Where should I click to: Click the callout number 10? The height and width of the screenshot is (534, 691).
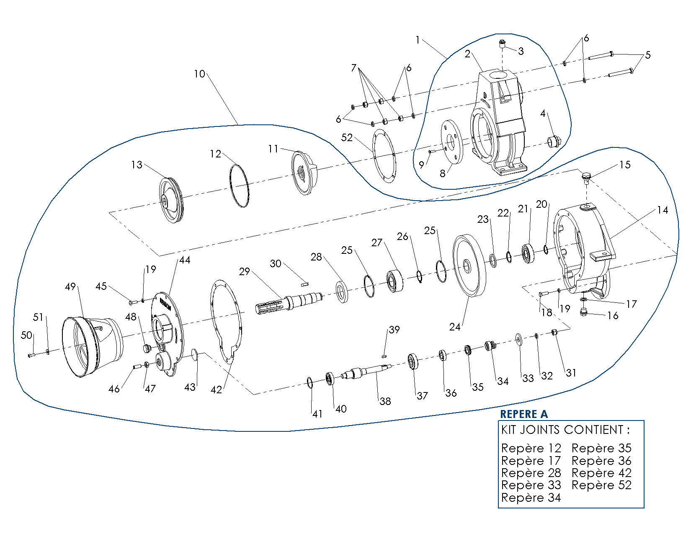click(x=199, y=74)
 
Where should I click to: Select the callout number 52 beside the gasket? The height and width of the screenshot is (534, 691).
click(x=347, y=138)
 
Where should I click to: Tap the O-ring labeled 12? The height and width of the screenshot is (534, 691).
click(x=239, y=186)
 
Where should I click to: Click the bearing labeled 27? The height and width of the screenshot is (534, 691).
click(x=394, y=281)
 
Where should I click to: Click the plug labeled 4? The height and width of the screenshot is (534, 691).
click(x=555, y=142)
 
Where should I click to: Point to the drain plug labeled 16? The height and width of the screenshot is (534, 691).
click(x=583, y=312)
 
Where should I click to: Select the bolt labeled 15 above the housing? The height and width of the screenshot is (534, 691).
click(x=586, y=178)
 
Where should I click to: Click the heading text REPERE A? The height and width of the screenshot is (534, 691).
click(x=523, y=414)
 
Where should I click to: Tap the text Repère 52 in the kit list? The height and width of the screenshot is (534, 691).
click(x=601, y=485)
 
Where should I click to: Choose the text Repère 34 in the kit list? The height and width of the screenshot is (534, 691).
click(x=531, y=498)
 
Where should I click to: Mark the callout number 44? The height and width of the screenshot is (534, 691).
click(x=185, y=260)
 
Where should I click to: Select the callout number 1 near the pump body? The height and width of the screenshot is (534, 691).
click(x=418, y=40)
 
